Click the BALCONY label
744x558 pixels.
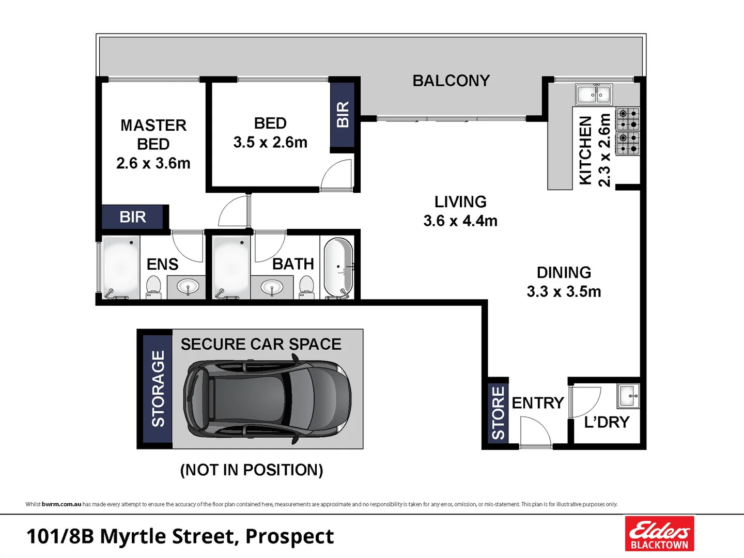click(x=451, y=81)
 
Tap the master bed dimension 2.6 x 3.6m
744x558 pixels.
click(x=153, y=163)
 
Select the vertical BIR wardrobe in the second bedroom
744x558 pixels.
click(x=342, y=114)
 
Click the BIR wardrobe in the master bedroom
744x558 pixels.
click(x=133, y=217)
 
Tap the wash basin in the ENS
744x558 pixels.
click(x=188, y=287)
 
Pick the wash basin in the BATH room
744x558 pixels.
click(x=272, y=287)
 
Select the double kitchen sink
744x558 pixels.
click(x=594, y=95)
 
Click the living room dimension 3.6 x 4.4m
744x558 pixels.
click(x=460, y=221)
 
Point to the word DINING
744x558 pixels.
click(x=564, y=272)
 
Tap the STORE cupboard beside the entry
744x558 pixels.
click(x=498, y=412)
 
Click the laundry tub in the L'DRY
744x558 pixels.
click(x=629, y=396)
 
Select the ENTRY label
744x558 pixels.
click(x=537, y=402)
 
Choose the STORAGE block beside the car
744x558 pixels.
click(x=158, y=389)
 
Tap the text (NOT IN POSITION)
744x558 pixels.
click(x=252, y=470)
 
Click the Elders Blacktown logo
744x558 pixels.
click(x=659, y=533)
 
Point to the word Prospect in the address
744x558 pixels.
click(x=289, y=536)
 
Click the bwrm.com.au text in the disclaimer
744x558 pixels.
click(x=61, y=504)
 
